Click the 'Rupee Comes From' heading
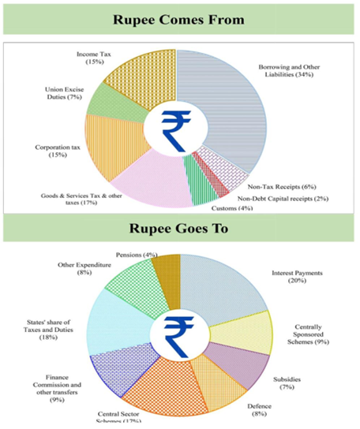click(x=178, y=20)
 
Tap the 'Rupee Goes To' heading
click(x=178, y=229)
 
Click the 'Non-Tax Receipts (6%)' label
click(x=282, y=187)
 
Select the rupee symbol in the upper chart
click(x=176, y=131)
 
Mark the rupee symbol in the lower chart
click(x=179, y=337)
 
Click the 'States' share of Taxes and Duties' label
click(x=48, y=330)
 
